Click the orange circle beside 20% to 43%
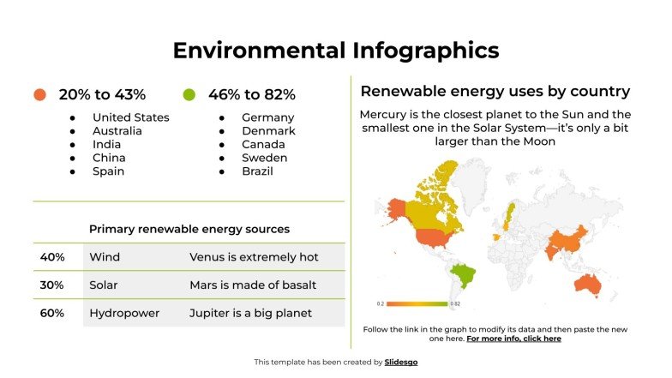(x=39, y=94)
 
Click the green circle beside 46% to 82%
(x=189, y=94)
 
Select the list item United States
(x=130, y=117)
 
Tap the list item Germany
(x=267, y=117)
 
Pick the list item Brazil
(x=257, y=171)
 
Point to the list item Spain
(x=108, y=171)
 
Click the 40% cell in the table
(x=52, y=257)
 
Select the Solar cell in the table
(x=104, y=285)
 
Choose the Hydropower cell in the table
(x=124, y=313)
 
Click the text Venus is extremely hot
(x=254, y=257)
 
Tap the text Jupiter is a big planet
(x=250, y=313)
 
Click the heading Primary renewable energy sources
(x=189, y=229)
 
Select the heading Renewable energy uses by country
(x=495, y=92)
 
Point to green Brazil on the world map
(x=464, y=274)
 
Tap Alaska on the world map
(x=395, y=207)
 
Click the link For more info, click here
(x=514, y=339)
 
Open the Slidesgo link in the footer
(x=401, y=363)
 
